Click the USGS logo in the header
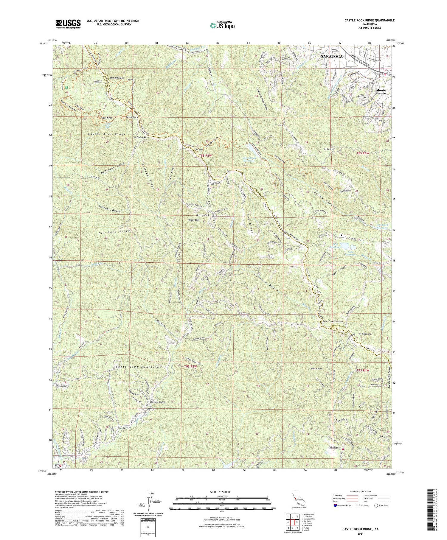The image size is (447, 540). click(x=68, y=24)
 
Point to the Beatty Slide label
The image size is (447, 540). click(x=194, y=220)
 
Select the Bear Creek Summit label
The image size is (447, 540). click(x=333, y=321)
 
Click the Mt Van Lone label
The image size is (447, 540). click(x=365, y=334)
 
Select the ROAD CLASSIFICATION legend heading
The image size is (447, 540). click(x=359, y=491)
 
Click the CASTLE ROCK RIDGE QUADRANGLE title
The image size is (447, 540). click(x=370, y=20)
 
